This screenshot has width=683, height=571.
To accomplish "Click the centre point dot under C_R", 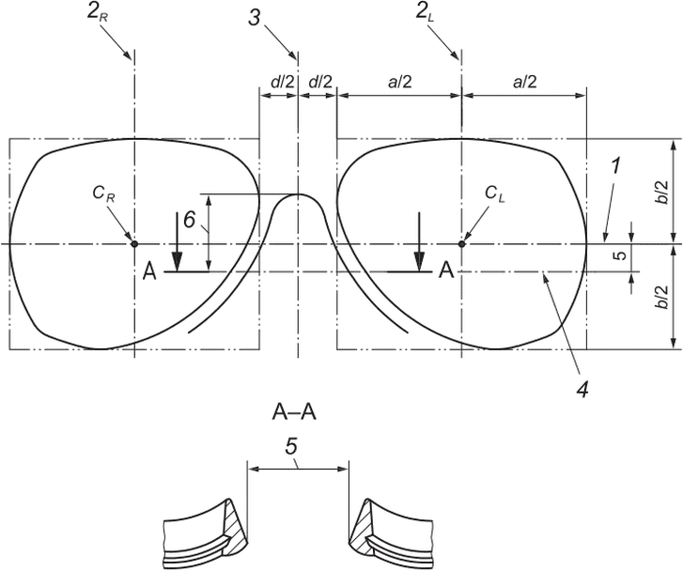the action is [x=134, y=244].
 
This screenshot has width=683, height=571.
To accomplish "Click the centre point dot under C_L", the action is [x=461, y=244].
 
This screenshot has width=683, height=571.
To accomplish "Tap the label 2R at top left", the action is [x=97, y=13].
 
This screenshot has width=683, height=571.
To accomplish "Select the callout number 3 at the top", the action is [x=256, y=18].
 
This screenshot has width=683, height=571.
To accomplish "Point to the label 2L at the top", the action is [x=426, y=13].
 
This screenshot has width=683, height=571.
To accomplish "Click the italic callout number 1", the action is [x=616, y=166].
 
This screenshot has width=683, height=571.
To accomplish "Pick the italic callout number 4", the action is [x=582, y=388].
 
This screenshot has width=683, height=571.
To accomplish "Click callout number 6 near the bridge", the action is [x=189, y=220].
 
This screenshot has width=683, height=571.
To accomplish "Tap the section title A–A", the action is [x=294, y=411].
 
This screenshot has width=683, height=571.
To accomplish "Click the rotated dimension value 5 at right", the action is [x=621, y=255].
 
